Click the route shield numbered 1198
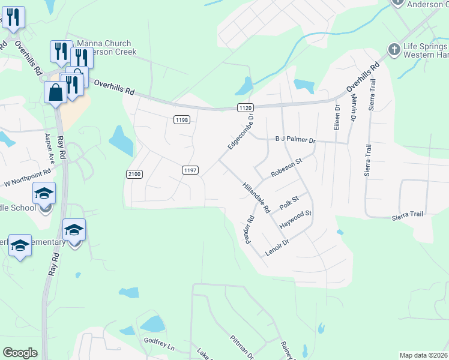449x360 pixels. coord(182,120)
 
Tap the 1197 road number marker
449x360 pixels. coord(190,170)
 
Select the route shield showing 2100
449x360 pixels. coord(134,174)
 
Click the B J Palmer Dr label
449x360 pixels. coord(295,140)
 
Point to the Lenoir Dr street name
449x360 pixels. coord(277,246)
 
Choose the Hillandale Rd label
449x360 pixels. coord(256,197)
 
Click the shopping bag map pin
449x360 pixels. coord(56,93)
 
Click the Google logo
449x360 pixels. coord(20,353)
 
